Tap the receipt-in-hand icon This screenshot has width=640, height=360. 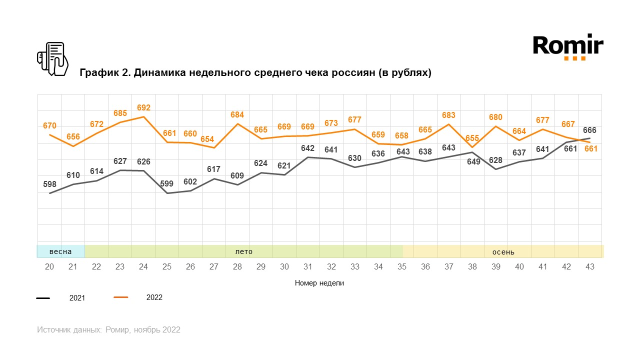coord(52,59)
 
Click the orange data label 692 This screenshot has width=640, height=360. coord(143,107)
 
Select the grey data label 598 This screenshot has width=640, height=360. coord(49,184)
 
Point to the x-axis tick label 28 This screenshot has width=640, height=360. coord(237,267)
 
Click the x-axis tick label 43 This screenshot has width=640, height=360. coord(590,267)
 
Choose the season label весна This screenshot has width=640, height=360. coord(60,251)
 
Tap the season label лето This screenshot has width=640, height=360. coord(243,251)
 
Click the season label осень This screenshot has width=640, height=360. coord(503,252)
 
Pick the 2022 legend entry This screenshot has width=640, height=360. coord(154,297)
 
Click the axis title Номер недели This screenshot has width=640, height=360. coord(319,283)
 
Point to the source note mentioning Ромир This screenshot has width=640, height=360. coord(108,330)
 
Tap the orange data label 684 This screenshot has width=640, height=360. coord(237,115)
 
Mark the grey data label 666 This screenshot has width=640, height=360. coord(589,130)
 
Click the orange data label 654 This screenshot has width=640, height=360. coord(214,139)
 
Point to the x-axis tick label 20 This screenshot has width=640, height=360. coord(49,267)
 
